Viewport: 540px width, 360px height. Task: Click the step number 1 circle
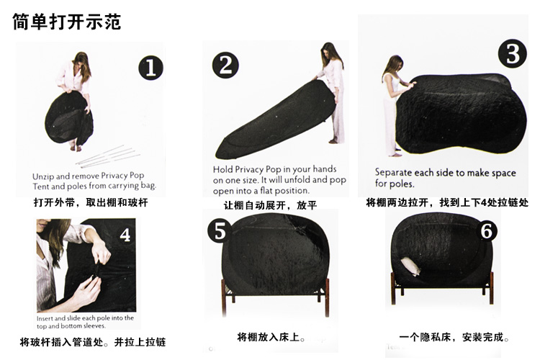(151, 68)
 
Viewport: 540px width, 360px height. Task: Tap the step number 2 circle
(225, 65)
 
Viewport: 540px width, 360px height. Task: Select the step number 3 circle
(513, 53)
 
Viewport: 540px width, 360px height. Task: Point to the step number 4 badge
(125, 235)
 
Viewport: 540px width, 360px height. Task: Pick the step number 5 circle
(220, 231)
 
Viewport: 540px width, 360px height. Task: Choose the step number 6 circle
(486, 230)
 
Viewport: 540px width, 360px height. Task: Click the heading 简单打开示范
(67, 22)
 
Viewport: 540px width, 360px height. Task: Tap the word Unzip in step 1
(43, 176)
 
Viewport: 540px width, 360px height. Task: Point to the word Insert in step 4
(45, 318)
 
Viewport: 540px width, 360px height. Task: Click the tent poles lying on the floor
(108, 156)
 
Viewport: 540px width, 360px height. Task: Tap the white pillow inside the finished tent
(410, 266)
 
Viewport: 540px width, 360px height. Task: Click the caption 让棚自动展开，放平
(270, 205)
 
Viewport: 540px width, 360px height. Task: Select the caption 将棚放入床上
(271, 336)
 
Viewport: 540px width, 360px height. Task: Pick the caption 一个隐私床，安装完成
(454, 336)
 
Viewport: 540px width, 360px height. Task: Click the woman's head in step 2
(329, 51)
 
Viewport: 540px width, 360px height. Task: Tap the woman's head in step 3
(395, 64)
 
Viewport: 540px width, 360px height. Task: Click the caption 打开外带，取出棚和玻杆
(91, 202)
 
